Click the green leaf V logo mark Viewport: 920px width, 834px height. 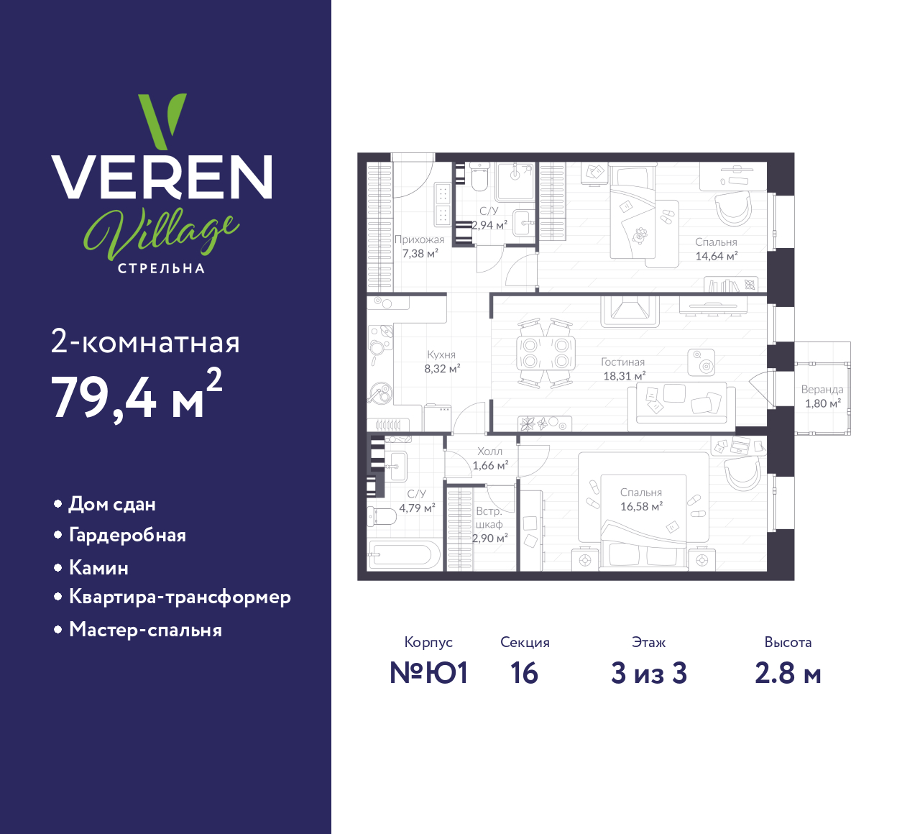(x=162, y=120)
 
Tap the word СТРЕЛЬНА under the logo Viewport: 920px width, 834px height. (x=162, y=268)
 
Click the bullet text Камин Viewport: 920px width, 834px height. (x=98, y=568)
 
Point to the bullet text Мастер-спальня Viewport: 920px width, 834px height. (x=145, y=630)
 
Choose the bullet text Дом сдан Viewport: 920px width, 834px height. (x=112, y=504)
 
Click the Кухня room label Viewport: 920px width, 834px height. (x=441, y=354)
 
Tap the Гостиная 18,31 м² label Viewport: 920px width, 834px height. (x=623, y=369)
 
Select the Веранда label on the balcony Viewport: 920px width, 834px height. (x=822, y=390)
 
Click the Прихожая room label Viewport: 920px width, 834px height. (x=419, y=239)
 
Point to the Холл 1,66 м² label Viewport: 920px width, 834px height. (x=490, y=458)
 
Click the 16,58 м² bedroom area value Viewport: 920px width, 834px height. (x=641, y=506)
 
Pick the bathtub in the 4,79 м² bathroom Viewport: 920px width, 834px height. (x=404, y=555)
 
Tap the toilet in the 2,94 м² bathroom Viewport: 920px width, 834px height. (x=479, y=177)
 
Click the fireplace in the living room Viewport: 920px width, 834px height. (x=630, y=311)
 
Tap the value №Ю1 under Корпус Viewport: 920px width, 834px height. (x=429, y=673)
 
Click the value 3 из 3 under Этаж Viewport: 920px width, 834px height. (x=649, y=673)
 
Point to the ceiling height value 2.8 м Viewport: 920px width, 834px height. (x=788, y=673)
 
